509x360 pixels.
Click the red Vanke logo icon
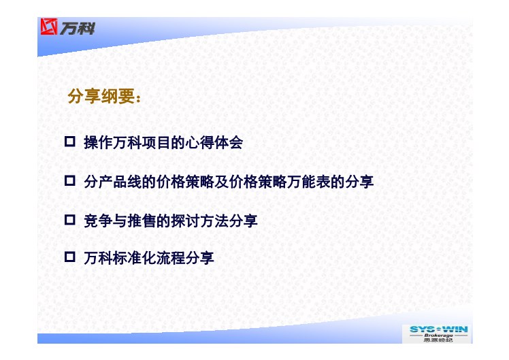[x=49, y=27]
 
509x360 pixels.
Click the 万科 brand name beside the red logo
[x=78, y=28]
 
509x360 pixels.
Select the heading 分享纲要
[x=101, y=97]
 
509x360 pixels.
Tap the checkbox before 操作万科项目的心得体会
[x=70, y=142]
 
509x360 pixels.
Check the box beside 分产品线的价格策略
[x=70, y=181]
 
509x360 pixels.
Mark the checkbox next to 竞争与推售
[x=70, y=220]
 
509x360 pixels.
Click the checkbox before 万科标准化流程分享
[x=70, y=257]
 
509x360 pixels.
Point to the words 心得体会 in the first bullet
[x=214, y=142]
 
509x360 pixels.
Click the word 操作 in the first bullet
[x=98, y=142]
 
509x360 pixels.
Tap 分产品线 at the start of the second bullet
[x=113, y=182]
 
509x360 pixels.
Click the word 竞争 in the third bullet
[x=98, y=220]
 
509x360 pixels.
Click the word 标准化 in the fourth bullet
[x=134, y=258]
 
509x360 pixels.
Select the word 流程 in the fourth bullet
[x=171, y=258]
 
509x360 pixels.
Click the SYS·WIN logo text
[x=438, y=329]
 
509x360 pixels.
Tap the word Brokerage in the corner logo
[x=438, y=336]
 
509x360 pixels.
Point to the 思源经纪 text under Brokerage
[x=438, y=340]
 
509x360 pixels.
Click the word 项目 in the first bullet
[x=156, y=142]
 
